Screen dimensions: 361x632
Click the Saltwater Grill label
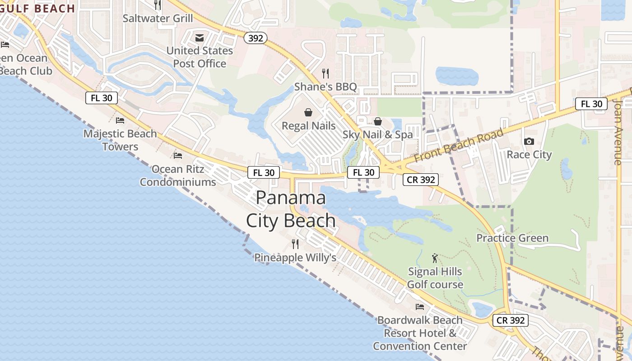point(158,19)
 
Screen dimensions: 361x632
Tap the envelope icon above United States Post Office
point(200,37)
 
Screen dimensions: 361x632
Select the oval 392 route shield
point(256,38)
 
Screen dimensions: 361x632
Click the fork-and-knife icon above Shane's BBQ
point(325,73)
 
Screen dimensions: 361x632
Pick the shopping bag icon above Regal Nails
point(308,112)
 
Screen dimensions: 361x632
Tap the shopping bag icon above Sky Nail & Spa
point(378,121)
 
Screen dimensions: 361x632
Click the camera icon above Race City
point(529,141)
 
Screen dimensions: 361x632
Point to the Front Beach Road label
point(458,146)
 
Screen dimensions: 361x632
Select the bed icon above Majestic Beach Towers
point(120,120)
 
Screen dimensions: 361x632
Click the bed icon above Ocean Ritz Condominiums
point(178,156)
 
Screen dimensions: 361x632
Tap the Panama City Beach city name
point(291,209)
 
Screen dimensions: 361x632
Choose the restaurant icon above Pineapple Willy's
point(295,244)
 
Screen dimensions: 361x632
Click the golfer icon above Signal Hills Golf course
point(435,258)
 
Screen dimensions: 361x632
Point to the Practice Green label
point(512,238)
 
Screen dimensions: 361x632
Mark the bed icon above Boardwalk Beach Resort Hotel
point(420,307)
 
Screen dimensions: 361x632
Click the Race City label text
point(529,155)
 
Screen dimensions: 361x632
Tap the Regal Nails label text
point(308,125)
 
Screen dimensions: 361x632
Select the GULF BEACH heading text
point(38,8)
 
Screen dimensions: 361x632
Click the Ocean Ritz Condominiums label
point(178,176)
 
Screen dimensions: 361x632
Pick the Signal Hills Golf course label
point(435,278)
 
